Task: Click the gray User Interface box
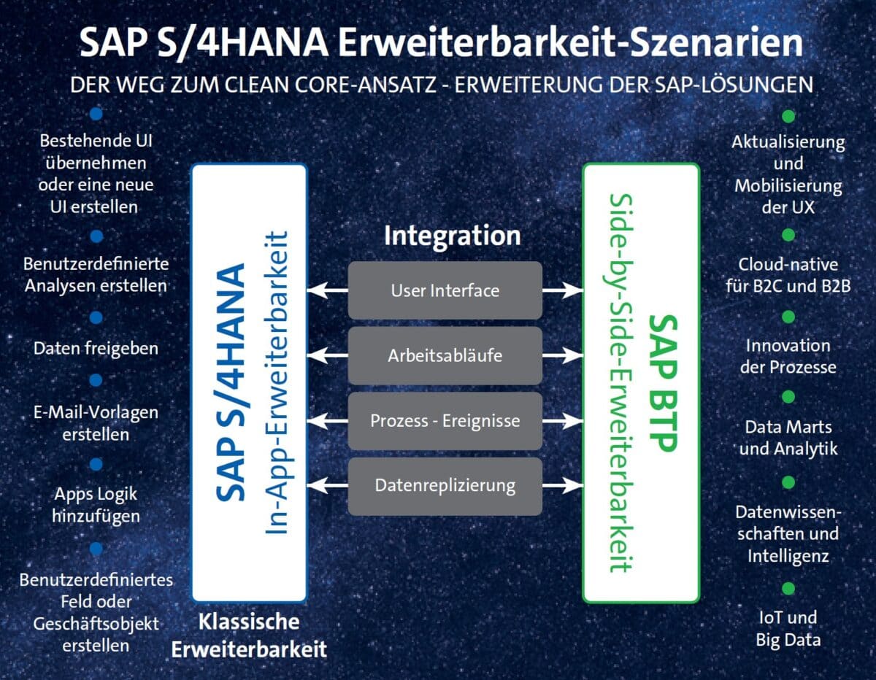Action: [x=445, y=290]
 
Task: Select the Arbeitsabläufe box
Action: [x=445, y=356]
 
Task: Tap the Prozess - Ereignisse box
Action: [x=445, y=421]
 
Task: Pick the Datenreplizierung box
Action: [x=445, y=485]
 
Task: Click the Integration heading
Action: [x=452, y=236]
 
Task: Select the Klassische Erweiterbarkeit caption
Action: [x=249, y=635]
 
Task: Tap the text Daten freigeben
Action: [x=96, y=348]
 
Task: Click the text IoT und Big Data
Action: [x=788, y=628]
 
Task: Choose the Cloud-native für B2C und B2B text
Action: [x=788, y=274]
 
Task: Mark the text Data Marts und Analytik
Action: [x=788, y=437]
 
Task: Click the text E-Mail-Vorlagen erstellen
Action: [x=96, y=423]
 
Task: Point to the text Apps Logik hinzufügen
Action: [x=96, y=504]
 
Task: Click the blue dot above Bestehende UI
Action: [x=96, y=115]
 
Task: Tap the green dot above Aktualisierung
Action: [x=788, y=116]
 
